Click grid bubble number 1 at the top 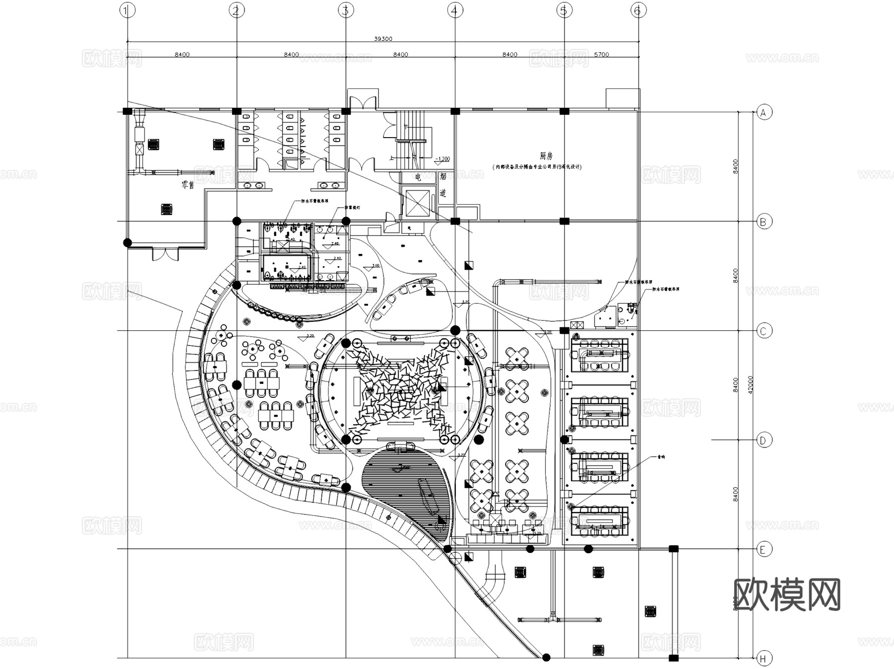tap(128, 10)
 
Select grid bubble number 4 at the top tap(455, 10)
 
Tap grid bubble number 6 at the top tap(638, 10)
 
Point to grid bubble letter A tap(764, 113)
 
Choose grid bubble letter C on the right tap(764, 331)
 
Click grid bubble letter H tap(764, 659)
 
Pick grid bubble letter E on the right tap(764, 549)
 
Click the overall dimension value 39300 tap(383, 39)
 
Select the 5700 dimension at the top tap(601, 55)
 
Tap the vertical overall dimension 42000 tap(750, 385)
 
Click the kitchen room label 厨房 tap(546, 156)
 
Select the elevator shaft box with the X tap(417, 203)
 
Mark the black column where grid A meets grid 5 tap(564, 111)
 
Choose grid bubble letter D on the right tap(764, 440)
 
